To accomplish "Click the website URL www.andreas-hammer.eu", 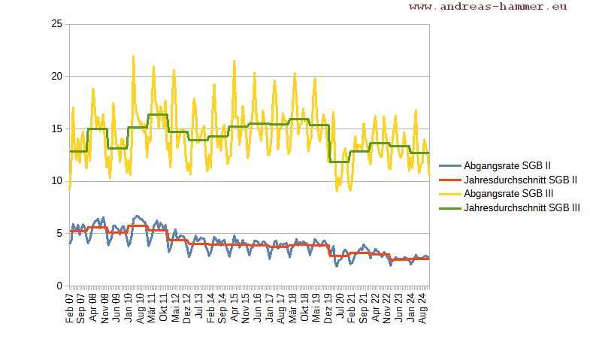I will point(488,7).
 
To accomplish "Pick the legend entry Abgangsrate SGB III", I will point(509,193).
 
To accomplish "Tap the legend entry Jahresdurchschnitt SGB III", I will point(522,207).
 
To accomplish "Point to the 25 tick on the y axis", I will point(56,24).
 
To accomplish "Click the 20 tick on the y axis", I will point(56,76).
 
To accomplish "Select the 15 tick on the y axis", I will point(56,129).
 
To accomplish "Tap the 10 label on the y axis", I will point(56,181).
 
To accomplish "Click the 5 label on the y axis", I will point(59,234).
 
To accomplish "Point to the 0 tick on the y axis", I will point(59,286).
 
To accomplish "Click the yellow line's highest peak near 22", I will point(133,56).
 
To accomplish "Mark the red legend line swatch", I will point(449,180).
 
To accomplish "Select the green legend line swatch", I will point(449,207).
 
